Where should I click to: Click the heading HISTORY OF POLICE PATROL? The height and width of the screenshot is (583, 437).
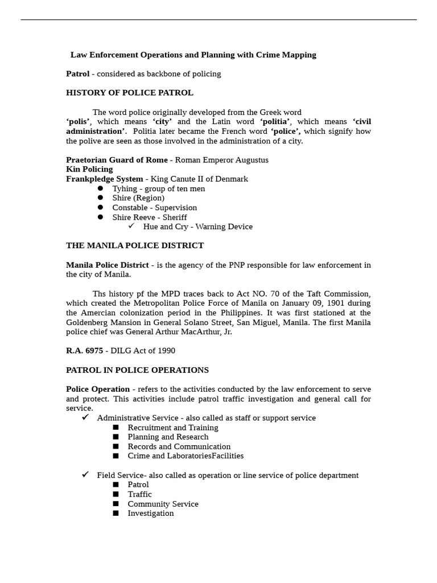click(130, 93)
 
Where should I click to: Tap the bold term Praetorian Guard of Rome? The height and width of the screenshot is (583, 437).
click(117, 160)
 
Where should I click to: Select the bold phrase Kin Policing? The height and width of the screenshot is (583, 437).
click(89, 169)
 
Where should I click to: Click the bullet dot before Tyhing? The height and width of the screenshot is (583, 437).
click(100, 188)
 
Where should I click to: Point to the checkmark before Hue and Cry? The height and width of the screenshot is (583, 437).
click(131, 226)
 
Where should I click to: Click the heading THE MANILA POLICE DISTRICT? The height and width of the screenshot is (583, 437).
click(135, 246)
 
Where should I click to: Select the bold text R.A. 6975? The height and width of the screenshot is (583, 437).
click(84, 351)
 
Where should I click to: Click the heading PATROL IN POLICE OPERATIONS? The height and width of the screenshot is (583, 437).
click(137, 370)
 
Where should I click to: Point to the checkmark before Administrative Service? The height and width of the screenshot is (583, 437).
click(85, 417)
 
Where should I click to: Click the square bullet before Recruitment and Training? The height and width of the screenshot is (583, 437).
click(116, 428)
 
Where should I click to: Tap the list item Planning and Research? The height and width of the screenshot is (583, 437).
click(168, 437)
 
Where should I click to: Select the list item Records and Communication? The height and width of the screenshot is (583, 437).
click(179, 447)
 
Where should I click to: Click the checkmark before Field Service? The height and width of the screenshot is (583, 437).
click(85, 474)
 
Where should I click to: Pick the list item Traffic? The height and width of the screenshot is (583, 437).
click(139, 494)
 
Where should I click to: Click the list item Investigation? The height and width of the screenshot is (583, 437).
click(150, 514)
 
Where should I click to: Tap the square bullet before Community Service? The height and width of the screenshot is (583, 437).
click(116, 504)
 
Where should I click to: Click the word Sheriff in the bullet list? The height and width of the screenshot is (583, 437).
click(175, 217)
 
